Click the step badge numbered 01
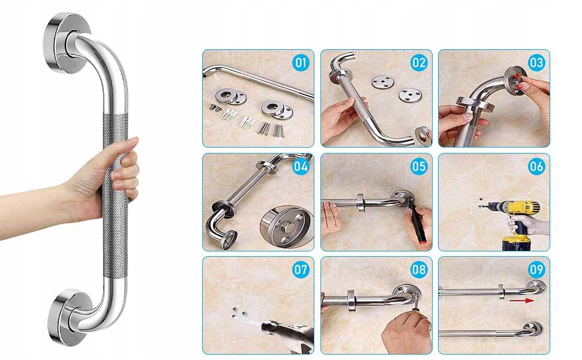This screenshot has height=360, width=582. (301, 63)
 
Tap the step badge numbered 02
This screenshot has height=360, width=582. (419, 63)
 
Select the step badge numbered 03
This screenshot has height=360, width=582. (536, 63)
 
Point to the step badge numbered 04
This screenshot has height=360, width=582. (301, 166)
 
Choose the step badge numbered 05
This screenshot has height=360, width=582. (419, 166)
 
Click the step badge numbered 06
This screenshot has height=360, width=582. (536, 166)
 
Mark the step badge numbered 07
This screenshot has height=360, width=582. (301, 269)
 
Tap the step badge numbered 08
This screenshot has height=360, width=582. (419, 269)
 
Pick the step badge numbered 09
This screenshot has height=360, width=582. (536, 269)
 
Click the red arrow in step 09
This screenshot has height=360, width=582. (521, 300)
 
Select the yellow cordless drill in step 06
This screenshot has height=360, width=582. (516, 221)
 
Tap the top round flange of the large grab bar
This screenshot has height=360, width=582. (66, 43)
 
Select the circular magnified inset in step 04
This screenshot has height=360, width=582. (286, 227)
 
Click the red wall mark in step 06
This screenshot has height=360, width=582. (481, 199)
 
